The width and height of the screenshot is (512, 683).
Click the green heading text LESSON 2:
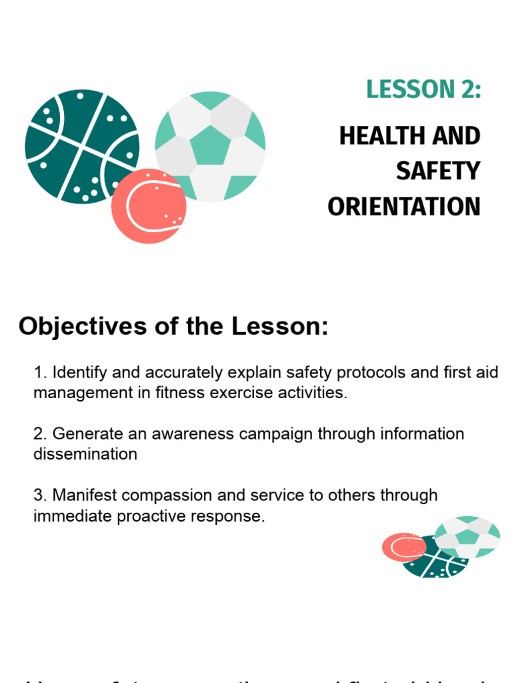click(423, 89)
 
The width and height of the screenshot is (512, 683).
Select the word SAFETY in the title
click(437, 171)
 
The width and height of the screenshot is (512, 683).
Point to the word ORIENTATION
click(403, 207)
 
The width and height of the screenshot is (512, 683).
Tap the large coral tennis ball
click(148, 206)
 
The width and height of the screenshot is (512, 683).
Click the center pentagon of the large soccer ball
click(211, 143)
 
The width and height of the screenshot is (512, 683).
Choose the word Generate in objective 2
click(83, 434)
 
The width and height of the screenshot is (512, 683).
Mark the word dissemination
click(85, 454)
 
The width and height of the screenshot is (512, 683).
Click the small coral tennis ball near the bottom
click(403, 547)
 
